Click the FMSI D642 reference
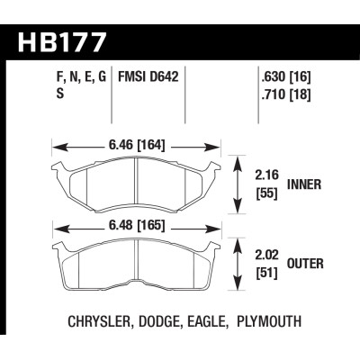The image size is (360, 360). pyautogui.click(x=148, y=77)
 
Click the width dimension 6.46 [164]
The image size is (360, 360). pyautogui.click(x=138, y=142)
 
